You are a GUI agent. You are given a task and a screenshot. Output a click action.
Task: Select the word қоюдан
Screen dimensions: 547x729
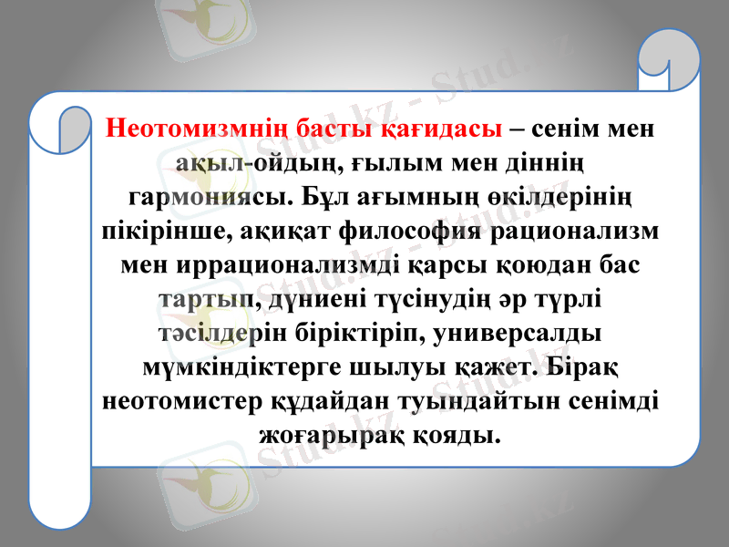click(526, 264)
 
